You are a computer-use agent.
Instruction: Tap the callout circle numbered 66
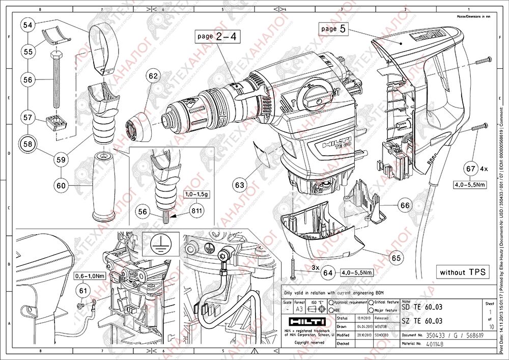coord(405,205)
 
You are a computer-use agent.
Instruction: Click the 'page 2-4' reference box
coord(216,37)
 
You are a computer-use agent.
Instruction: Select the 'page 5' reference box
coord(334,29)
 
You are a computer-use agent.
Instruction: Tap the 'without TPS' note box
coord(460,272)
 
